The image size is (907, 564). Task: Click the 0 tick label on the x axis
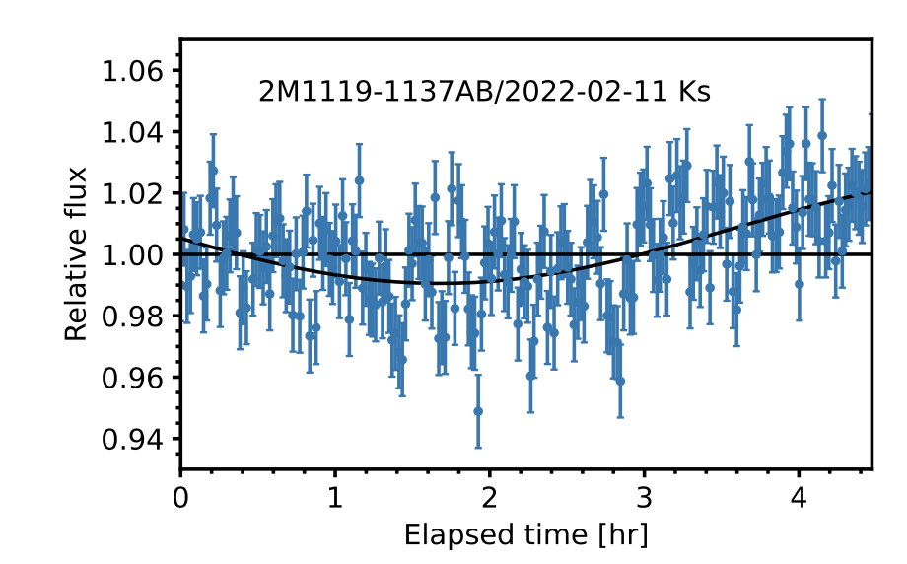[180, 494]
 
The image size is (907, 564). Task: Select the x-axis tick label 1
[335, 494]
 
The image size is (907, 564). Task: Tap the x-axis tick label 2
[490, 494]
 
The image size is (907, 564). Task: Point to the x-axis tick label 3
[644, 494]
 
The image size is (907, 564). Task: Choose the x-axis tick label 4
[799, 494]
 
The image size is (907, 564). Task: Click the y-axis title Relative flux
[76, 254]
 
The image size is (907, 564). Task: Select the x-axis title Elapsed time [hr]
[525, 534]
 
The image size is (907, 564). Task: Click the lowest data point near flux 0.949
[478, 411]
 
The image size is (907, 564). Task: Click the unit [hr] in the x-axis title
[625, 534]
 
